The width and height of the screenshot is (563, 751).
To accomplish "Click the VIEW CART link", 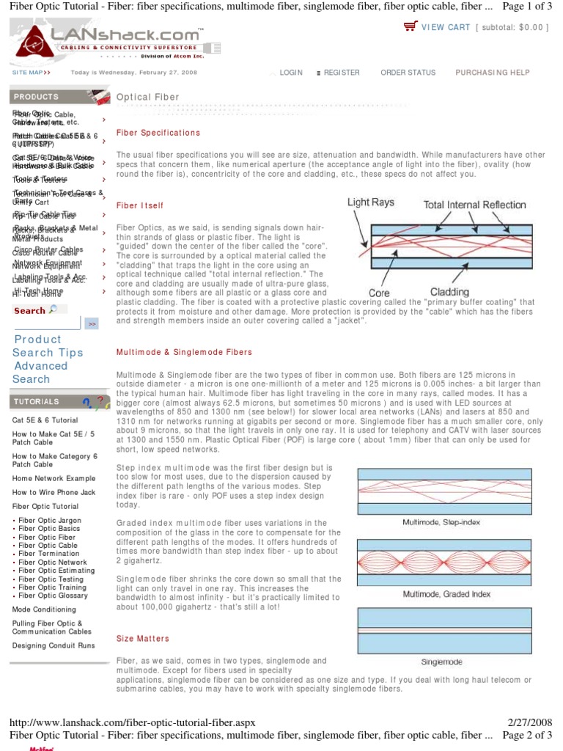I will tap(446, 27).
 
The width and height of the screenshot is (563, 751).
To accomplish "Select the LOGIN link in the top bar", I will tap(290, 73).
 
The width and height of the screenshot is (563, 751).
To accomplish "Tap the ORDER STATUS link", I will tap(408, 73).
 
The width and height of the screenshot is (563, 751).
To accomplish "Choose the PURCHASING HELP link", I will tap(492, 73).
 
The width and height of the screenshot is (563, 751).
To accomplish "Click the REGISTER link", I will tap(341, 73).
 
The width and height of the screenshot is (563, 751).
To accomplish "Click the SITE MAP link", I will tap(31, 73).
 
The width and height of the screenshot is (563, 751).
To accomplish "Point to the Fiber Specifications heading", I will tap(158, 133).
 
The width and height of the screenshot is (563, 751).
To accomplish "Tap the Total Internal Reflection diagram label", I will tap(475, 205).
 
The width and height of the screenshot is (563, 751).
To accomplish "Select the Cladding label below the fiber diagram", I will tap(449, 292).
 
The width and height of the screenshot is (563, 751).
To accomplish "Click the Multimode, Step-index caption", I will tap(441, 522).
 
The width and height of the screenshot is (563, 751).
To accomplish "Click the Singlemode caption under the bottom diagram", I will tap(441, 662).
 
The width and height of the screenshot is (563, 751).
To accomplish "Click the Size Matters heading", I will tap(142, 639).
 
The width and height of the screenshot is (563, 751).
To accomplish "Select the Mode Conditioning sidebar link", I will tap(44, 609).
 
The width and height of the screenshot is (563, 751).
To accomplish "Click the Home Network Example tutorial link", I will tap(54, 478).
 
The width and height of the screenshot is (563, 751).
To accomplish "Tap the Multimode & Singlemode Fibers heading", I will tap(184, 353).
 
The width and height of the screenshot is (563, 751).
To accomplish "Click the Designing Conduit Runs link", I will tap(54, 645).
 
